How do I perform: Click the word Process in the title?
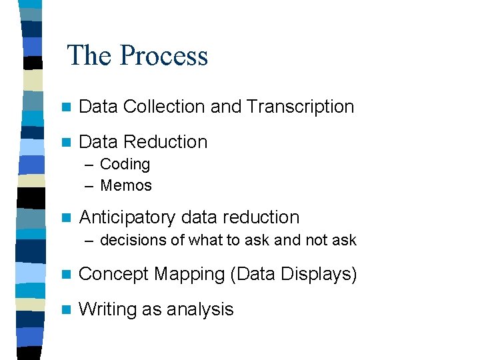163,55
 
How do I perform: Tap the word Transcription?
300,106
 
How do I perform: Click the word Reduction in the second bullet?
165,141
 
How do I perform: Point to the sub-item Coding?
125,164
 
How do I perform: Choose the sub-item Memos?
126,185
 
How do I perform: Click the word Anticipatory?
127,217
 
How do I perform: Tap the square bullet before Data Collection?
65,107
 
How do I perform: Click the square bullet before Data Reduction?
65,142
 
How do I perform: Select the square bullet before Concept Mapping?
65,275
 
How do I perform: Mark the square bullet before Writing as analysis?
65,310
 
